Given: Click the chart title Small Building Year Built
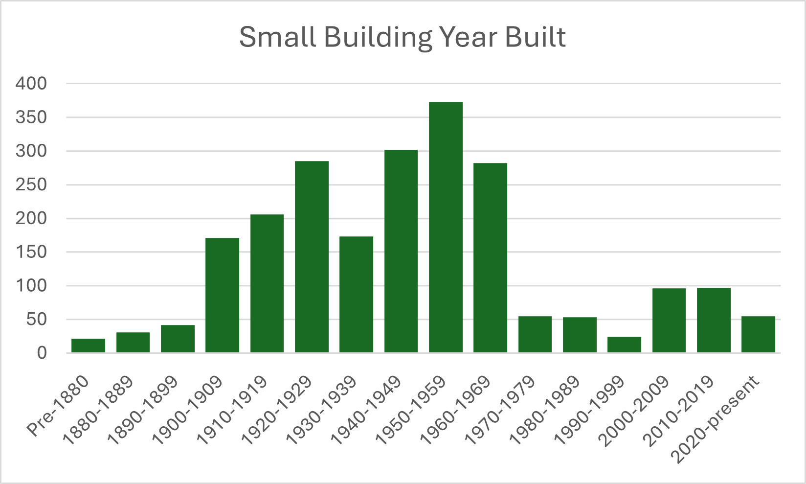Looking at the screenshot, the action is point(403,38).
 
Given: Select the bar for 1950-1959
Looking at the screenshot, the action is point(446,227).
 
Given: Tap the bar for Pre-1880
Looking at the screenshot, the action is point(88,346).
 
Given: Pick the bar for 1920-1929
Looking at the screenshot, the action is point(312,257).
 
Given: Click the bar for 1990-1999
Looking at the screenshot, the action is point(624,345).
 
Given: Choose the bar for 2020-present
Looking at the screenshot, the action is point(758,335).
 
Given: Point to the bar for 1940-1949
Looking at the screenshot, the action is point(401,251).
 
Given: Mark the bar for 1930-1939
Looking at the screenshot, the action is point(356,295).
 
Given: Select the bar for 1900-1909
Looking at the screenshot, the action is point(223,295).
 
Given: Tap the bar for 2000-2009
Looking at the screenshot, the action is point(669,321).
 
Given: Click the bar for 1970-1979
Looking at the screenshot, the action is point(535,335).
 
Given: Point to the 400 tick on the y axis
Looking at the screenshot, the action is point(31,84).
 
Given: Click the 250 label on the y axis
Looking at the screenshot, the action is point(31,184).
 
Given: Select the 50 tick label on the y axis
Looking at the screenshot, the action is point(36,320).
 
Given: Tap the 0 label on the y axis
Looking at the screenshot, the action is point(42,353).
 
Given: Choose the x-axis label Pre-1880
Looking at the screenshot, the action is point(58,406).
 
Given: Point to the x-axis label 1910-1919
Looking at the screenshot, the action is point(232,411).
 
